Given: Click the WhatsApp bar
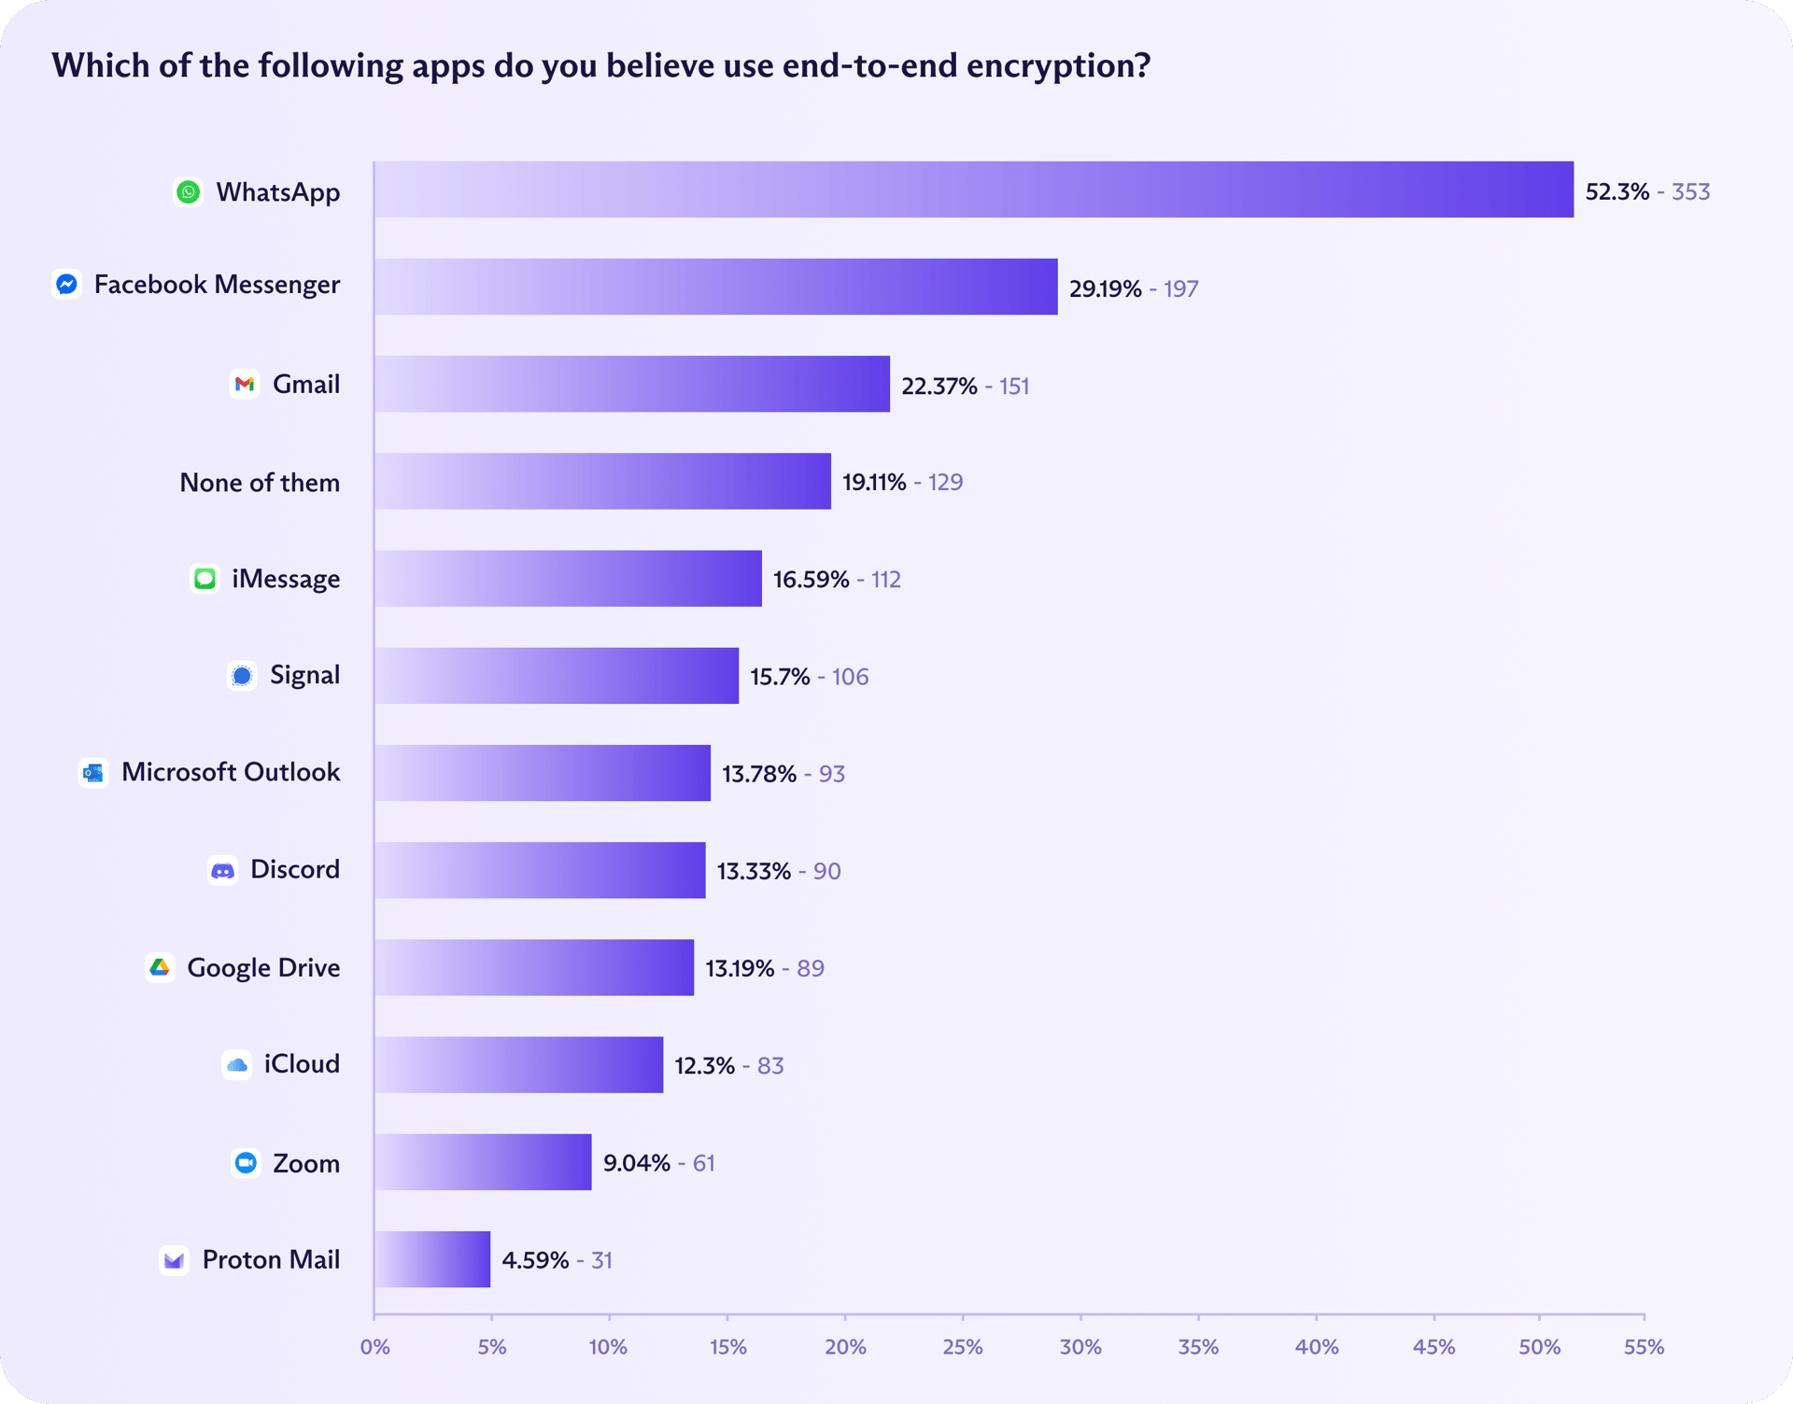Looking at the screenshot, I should (973, 190).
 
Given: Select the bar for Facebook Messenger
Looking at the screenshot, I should (715, 287).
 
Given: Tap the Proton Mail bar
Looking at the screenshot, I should (432, 1259).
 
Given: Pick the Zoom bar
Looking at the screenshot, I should (483, 1162).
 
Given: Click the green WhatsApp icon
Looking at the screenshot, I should (189, 192).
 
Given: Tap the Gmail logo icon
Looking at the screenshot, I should (245, 384).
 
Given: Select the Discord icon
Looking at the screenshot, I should (222, 870).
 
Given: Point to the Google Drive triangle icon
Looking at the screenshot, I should (160, 967).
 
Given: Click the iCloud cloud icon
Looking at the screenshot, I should (237, 1064).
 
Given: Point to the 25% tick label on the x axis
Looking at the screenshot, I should (962, 1347).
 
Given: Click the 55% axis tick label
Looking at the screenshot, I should (1644, 1347).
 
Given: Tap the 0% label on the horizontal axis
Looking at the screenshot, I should (374, 1347).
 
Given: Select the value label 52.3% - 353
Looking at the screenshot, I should (1647, 191).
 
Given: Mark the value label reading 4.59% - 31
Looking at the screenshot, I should (557, 1260).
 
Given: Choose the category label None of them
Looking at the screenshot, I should (260, 483).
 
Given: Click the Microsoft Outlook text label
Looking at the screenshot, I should (231, 772).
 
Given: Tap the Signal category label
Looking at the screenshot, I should (304, 675).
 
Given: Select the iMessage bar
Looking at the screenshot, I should (568, 579).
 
